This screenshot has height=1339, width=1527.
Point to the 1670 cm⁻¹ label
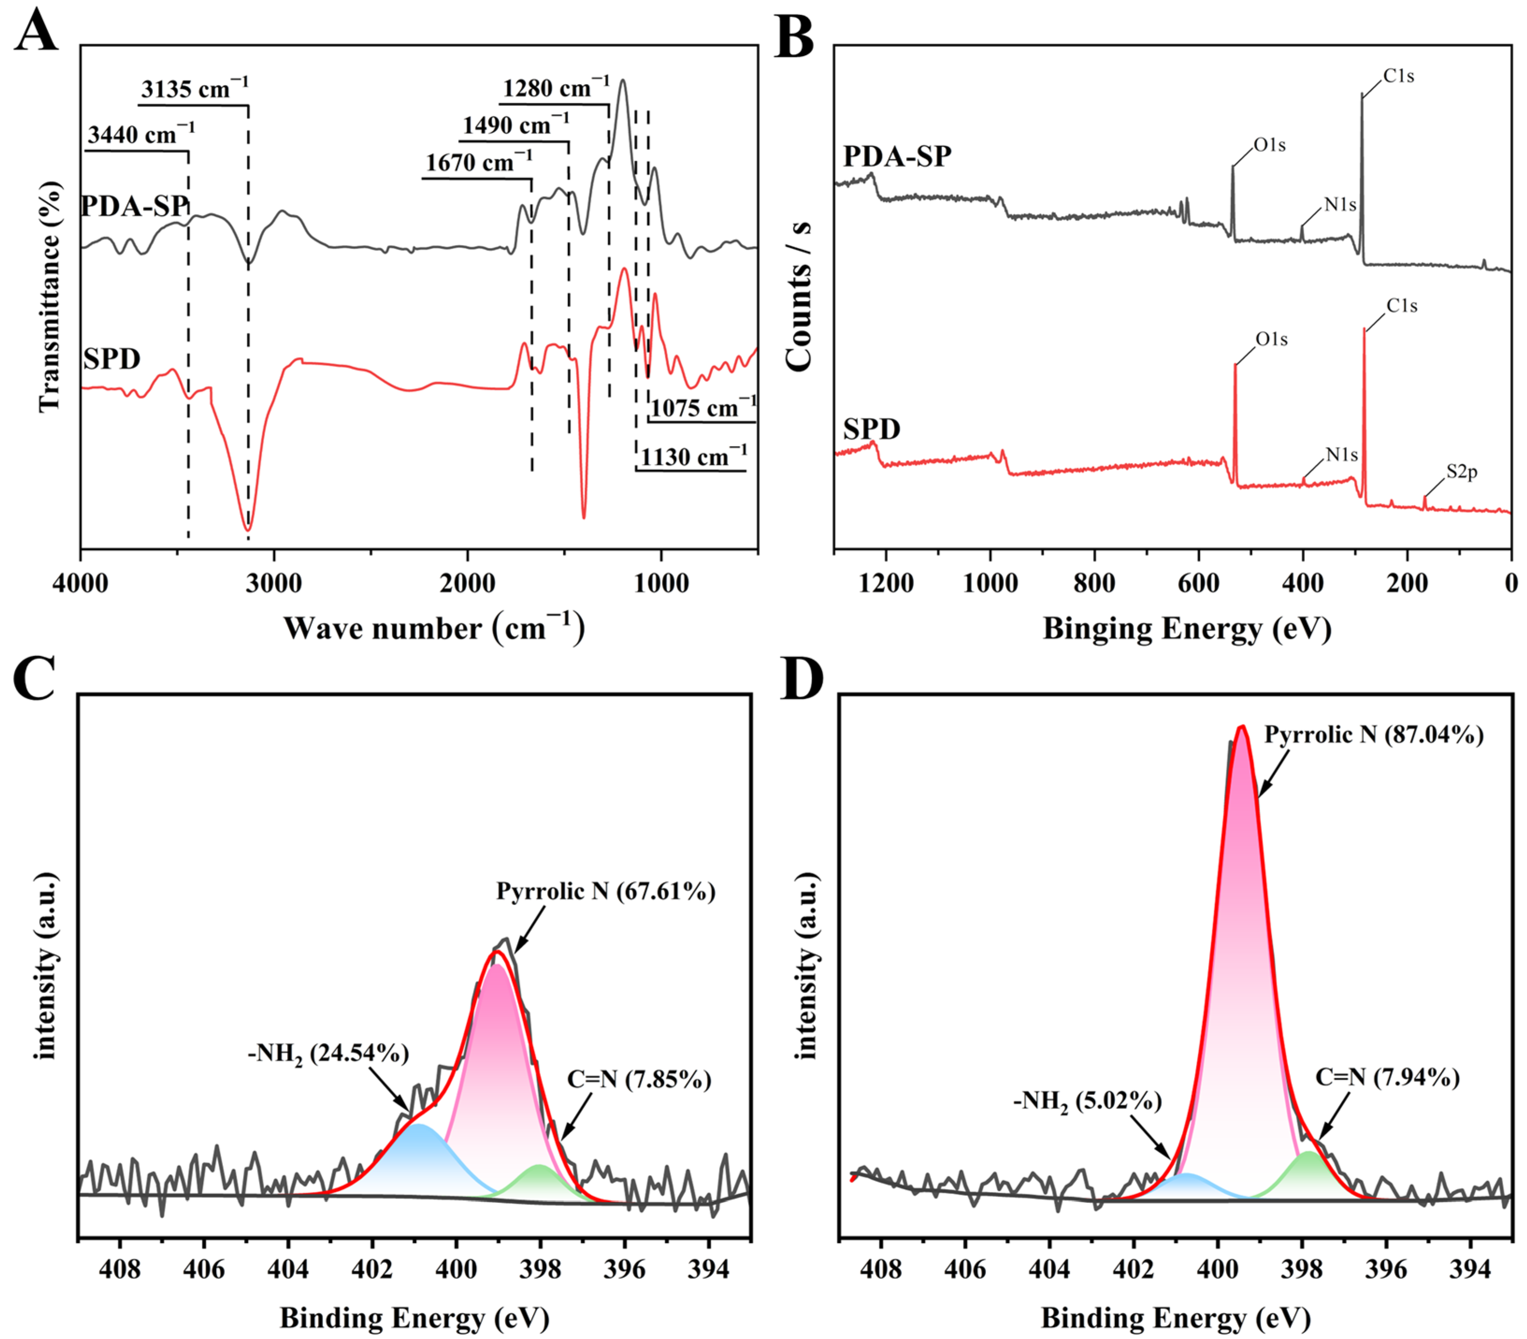coord(478,162)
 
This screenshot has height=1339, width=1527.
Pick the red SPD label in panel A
coord(112,359)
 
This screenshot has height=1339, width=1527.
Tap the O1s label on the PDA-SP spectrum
coord(1269,145)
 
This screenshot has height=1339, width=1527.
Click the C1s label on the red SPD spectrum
coord(1402,305)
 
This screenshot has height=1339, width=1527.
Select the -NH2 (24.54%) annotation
coord(329,1054)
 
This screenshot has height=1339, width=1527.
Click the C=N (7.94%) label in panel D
coord(1387,1078)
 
